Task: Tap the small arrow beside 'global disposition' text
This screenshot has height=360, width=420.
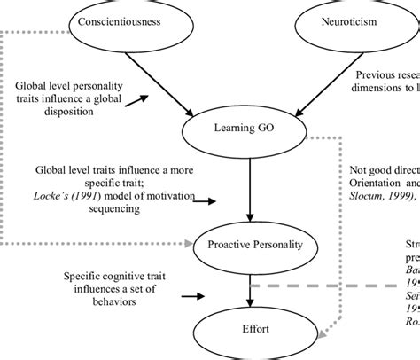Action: [136, 103]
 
